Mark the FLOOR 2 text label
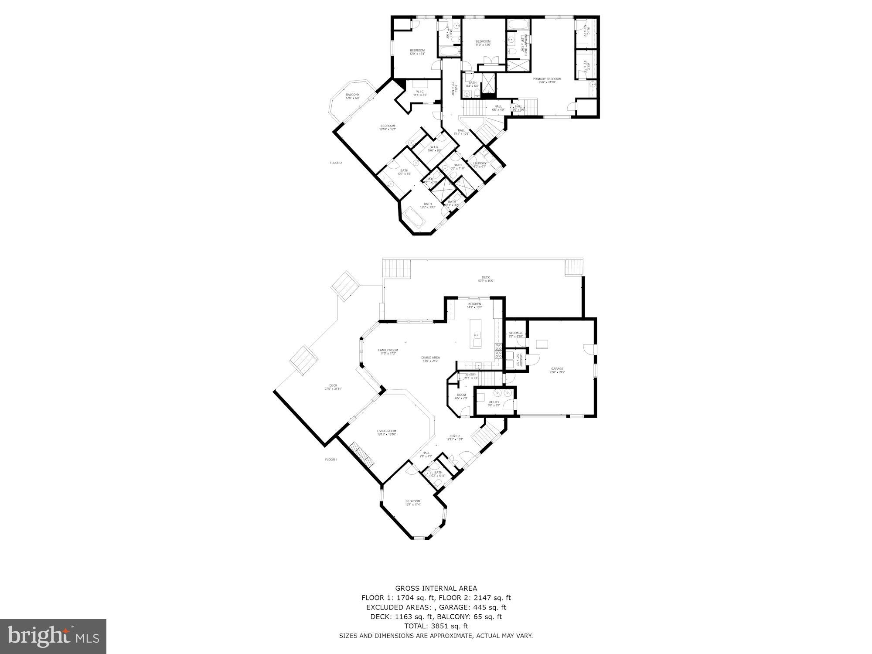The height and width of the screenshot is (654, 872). pos(336,163)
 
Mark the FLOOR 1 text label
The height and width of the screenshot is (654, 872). pos(331,460)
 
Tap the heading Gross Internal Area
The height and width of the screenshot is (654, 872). pos(436,588)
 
